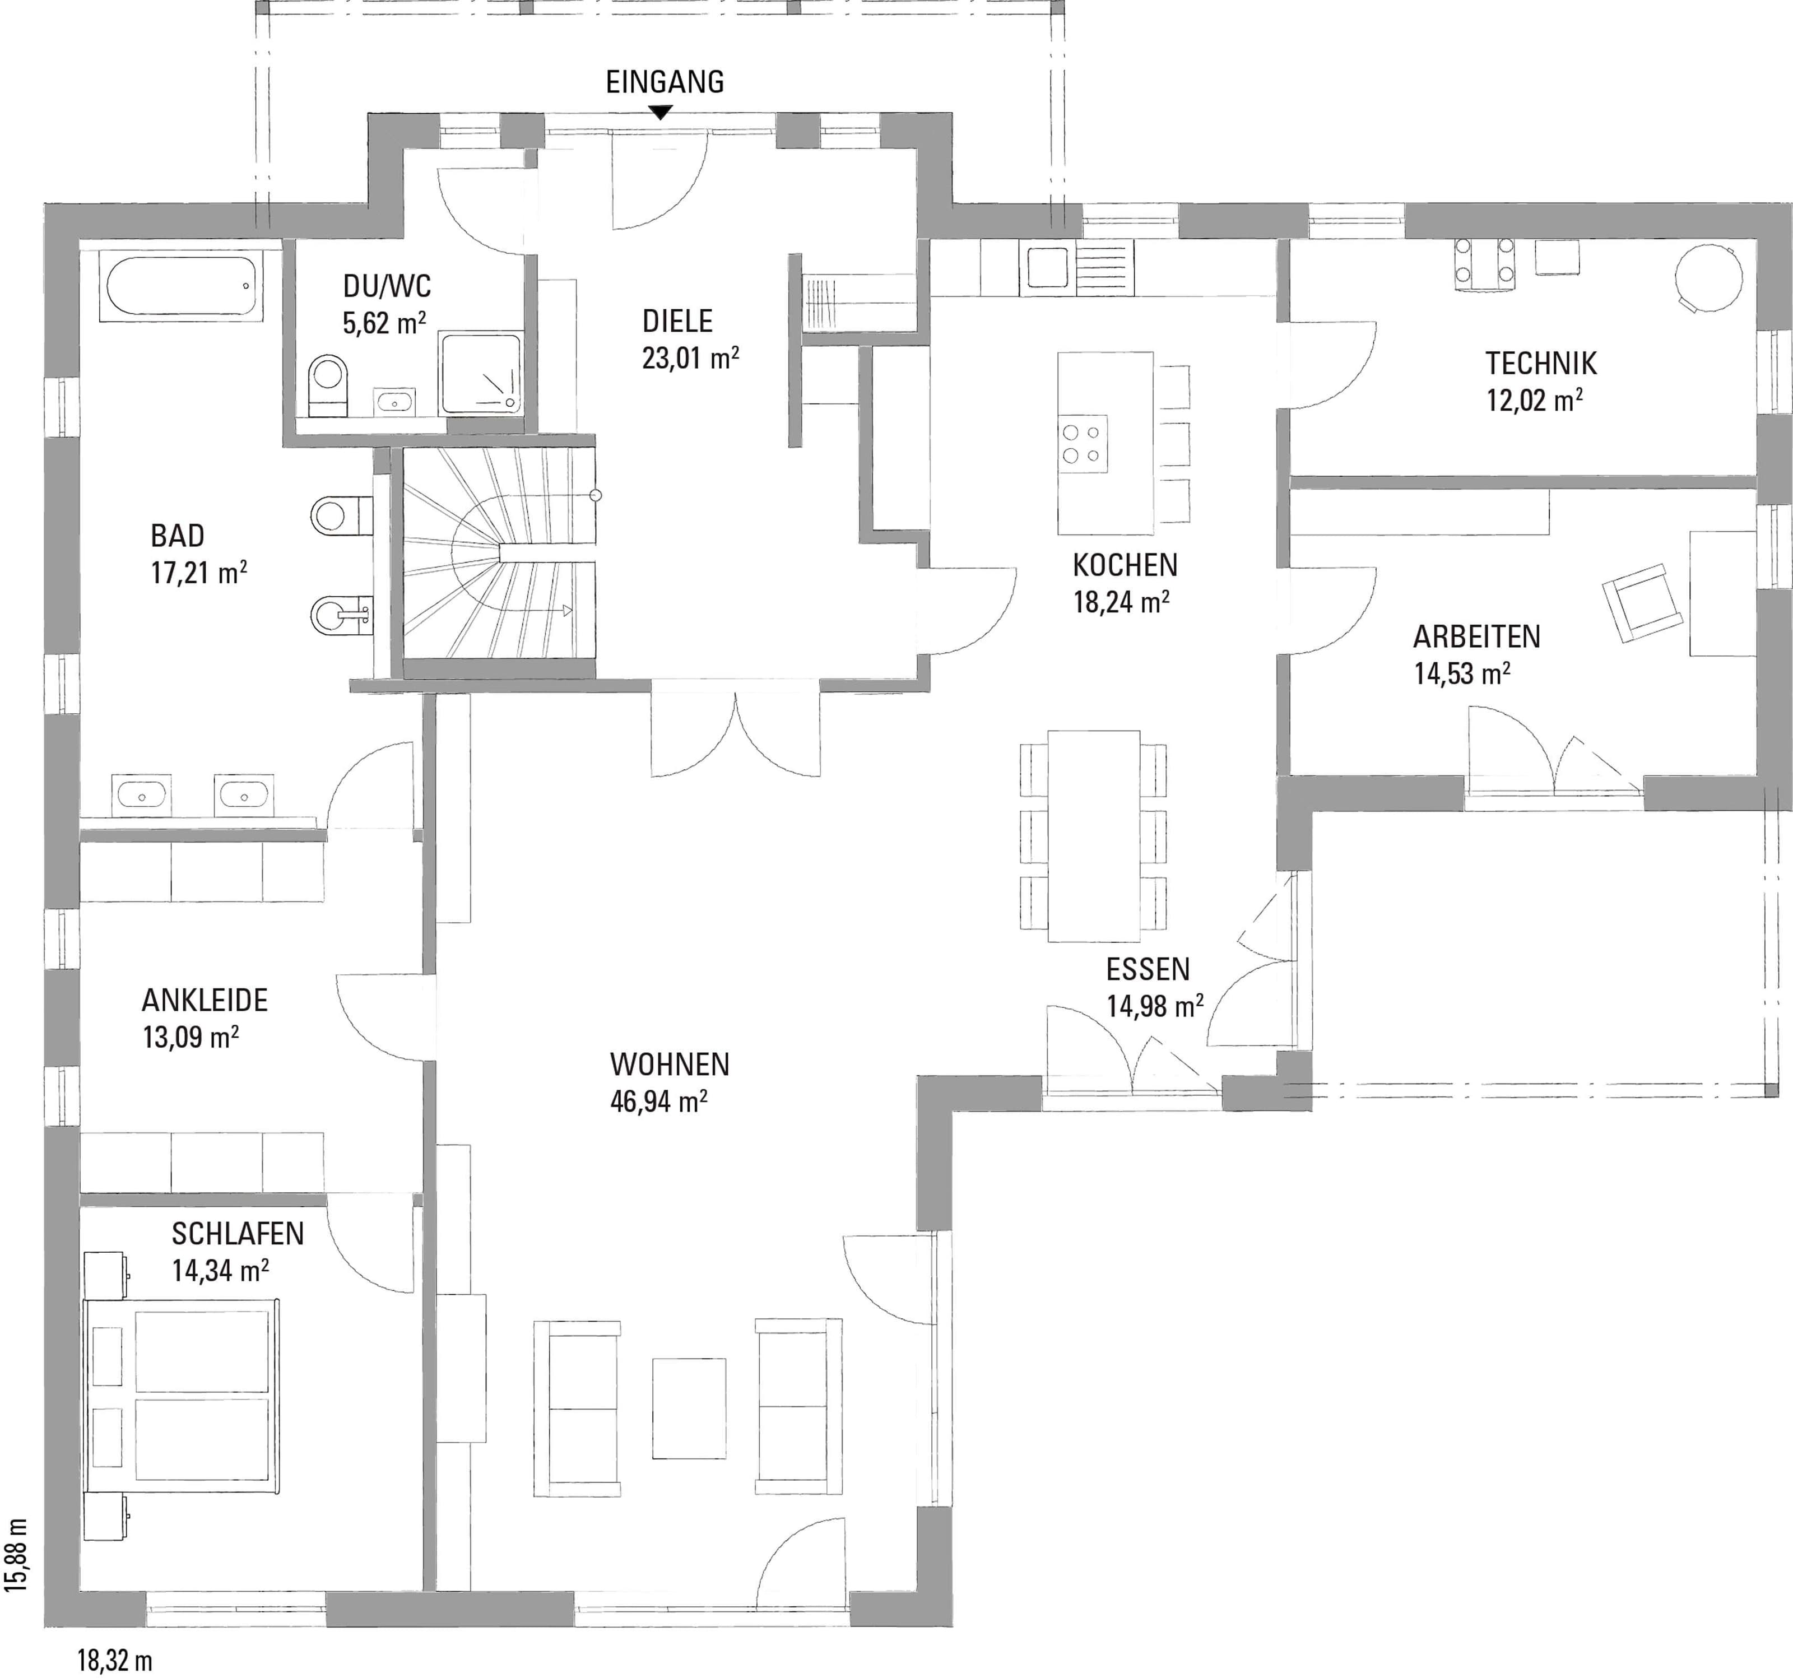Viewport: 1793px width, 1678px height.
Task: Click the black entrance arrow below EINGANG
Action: [662, 113]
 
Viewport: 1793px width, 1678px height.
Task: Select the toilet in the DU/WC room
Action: [327, 386]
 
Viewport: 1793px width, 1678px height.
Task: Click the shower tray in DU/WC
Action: [481, 373]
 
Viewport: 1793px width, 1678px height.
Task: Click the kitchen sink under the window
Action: [1044, 269]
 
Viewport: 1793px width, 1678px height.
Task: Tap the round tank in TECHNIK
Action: [1707, 278]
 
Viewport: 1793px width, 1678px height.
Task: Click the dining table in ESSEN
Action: [1093, 836]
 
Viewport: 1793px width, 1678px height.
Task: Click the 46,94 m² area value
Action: [658, 1101]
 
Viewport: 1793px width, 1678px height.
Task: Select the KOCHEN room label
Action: [1125, 565]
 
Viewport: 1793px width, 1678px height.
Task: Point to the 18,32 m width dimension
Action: [114, 1660]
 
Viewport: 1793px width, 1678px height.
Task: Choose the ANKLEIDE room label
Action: [205, 1000]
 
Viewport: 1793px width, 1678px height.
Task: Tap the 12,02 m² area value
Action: [1534, 399]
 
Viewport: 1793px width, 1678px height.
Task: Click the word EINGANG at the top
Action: [665, 82]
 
